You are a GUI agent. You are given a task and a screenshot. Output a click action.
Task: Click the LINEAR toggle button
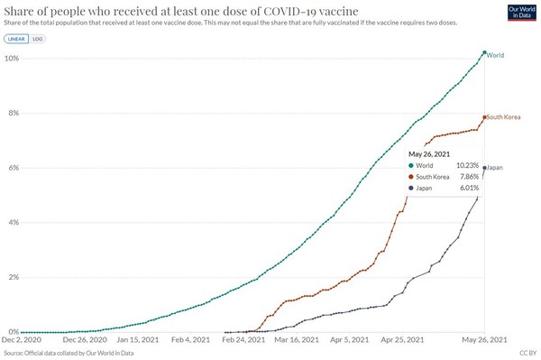coord(16,40)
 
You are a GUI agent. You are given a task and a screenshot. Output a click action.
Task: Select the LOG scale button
coord(37,40)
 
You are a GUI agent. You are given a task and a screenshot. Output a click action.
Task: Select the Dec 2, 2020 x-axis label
coord(22,340)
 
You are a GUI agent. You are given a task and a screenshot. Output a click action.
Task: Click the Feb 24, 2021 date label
coord(243,340)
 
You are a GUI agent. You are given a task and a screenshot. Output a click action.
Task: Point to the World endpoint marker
coord(484,53)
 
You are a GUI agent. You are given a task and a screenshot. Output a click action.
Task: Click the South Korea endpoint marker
coord(484,117)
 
